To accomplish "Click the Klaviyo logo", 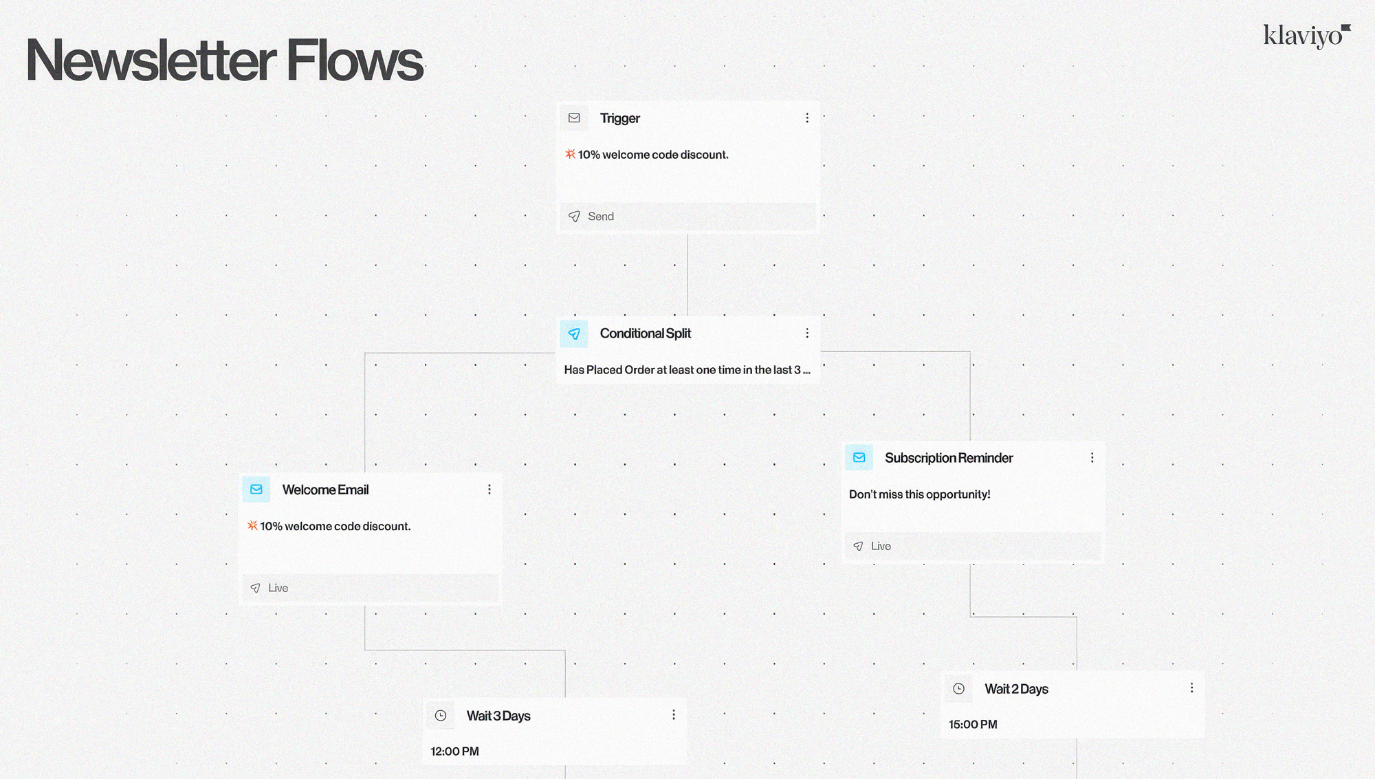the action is point(1306,36).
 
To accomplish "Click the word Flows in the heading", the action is point(354,61).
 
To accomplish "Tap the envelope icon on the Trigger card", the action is point(574,118).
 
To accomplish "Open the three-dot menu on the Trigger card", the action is point(807,118).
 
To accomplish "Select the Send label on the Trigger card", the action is point(600,217).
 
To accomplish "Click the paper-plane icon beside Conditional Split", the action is point(574,333).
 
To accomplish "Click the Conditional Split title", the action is point(645,333).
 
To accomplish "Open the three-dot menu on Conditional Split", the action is point(807,333).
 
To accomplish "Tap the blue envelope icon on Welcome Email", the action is point(256,490).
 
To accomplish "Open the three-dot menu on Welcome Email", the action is point(489,490).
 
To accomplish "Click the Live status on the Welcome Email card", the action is point(278,588).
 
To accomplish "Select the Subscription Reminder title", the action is point(949,458).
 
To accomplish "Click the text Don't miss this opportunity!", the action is point(919,494).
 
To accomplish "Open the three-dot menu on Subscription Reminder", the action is point(1092,458).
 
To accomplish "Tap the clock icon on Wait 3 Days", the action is point(441,716).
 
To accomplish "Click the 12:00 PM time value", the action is point(454,751).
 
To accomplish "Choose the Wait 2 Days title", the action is point(1016,689).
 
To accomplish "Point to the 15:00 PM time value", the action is point(973,725).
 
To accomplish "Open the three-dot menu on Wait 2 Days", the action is point(1192,688).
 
